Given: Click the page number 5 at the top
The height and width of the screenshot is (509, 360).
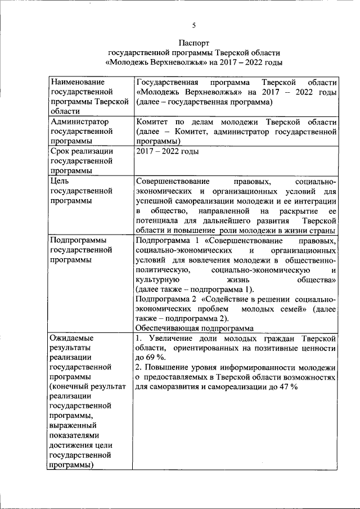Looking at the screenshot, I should (x=194, y=25).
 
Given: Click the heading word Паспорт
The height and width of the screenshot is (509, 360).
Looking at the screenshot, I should (x=194, y=42).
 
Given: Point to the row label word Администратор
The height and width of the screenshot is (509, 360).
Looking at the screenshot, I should (x=79, y=121).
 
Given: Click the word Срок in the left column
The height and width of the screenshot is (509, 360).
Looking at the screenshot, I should (x=61, y=151).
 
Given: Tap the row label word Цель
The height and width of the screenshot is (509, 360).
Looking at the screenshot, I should (x=60, y=182).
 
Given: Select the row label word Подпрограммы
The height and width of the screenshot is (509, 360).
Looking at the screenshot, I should (x=78, y=241).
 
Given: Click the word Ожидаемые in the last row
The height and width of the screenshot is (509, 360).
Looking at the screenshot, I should (x=72, y=339).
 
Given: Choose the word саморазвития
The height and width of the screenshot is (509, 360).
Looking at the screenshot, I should (x=175, y=388).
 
